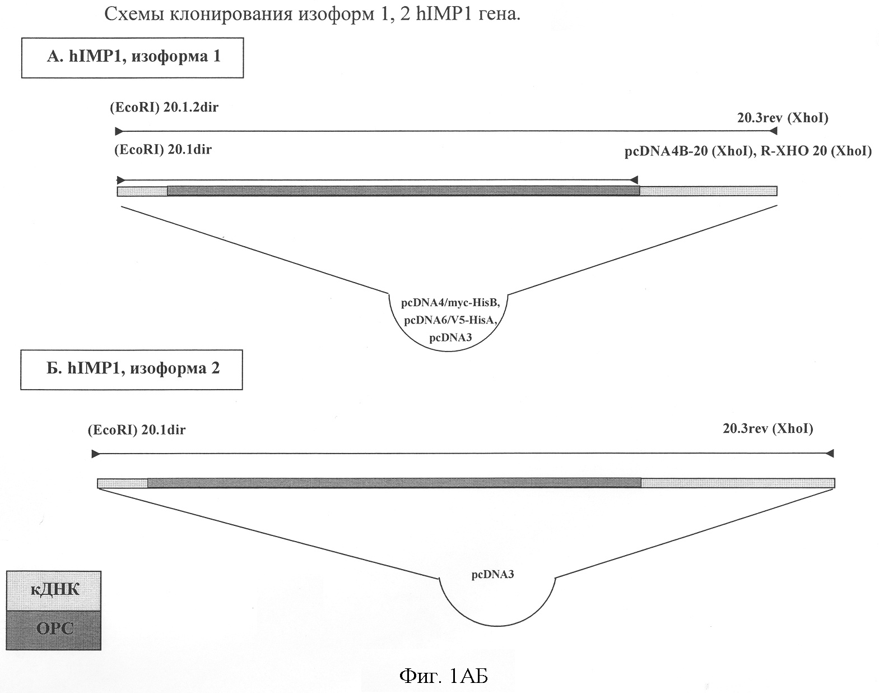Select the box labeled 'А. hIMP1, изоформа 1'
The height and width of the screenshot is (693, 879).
[x=133, y=57]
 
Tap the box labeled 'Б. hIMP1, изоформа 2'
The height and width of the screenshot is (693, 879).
[x=132, y=369]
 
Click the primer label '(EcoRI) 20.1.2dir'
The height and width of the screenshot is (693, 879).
[x=164, y=108]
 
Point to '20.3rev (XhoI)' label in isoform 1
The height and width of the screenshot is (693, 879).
[x=783, y=118]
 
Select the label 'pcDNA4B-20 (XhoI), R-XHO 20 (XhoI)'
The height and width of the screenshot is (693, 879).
[x=748, y=151]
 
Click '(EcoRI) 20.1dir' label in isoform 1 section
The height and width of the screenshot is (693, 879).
[x=162, y=150]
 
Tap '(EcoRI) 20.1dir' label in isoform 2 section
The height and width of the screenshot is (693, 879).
[x=136, y=430]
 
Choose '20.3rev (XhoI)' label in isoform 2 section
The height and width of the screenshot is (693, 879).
[x=768, y=429]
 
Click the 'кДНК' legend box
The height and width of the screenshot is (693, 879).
[x=54, y=590]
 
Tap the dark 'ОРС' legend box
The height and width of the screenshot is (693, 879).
[x=54, y=629]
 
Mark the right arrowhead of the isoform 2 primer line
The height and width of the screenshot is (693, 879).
[x=830, y=453]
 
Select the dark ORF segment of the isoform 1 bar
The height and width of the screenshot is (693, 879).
[x=403, y=191]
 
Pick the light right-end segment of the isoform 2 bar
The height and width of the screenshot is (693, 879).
[x=737, y=483]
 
